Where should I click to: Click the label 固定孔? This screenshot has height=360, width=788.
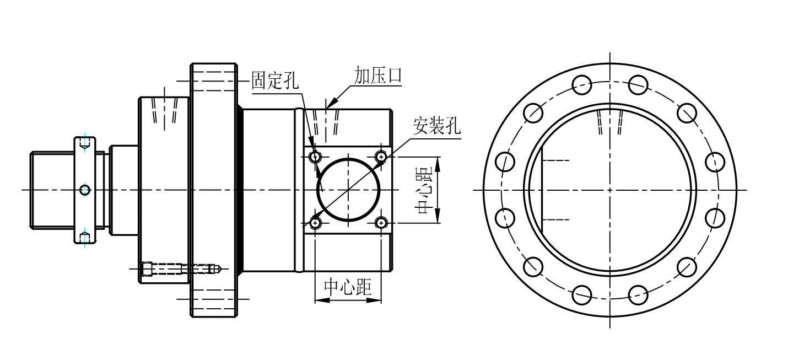point(274,80)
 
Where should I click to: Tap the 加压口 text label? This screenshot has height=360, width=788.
point(377,76)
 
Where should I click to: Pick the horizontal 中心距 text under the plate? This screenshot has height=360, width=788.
point(348,287)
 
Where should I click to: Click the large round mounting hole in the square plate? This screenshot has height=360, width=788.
point(348,190)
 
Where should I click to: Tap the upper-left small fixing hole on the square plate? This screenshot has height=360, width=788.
point(315,157)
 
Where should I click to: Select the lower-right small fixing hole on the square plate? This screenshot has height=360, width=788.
point(381,223)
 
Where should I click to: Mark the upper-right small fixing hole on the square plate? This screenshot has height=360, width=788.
point(381,157)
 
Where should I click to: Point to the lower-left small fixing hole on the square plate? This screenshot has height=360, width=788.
point(315,223)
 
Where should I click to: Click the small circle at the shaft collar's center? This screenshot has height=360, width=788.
point(84,190)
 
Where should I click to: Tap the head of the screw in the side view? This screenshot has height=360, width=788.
point(147,268)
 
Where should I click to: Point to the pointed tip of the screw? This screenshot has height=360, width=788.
point(219,268)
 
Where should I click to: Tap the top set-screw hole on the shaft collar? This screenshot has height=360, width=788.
point(84,144)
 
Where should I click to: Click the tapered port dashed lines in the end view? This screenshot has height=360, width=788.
point(610,122)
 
